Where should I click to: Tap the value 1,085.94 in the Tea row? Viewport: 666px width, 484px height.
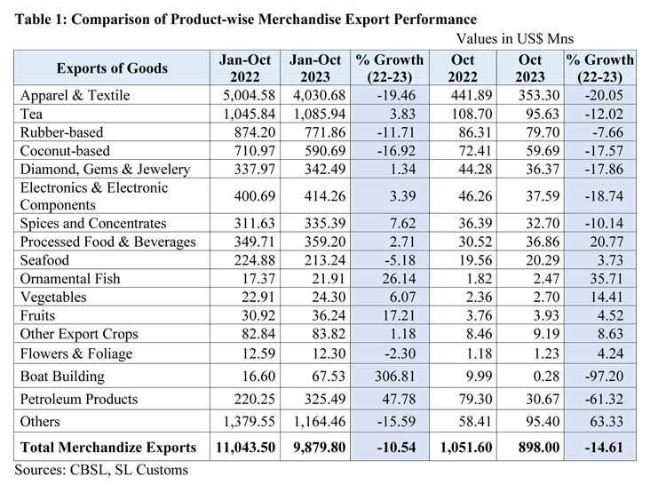(314, 114)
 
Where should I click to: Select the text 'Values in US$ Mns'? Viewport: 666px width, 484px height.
(515, 39)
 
